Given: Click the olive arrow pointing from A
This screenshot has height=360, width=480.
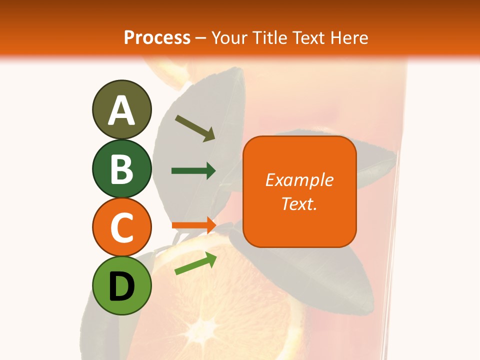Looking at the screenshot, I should [x=195, y=128].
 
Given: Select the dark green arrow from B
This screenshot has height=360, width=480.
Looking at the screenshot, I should [x=193, y=171].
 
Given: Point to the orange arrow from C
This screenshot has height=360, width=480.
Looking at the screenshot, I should [x=193, y=225].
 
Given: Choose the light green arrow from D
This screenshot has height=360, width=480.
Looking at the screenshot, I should [x=195, y=263].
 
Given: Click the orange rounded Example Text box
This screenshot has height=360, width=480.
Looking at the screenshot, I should [x=299, y=191].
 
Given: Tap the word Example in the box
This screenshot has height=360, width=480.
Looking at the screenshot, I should [x=299, y=180].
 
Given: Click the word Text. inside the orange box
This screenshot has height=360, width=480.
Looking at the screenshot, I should [x=299, y=203].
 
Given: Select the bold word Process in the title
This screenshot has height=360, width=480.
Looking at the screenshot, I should [x=157, y=37].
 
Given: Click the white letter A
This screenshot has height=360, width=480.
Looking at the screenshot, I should [x=121, y=110].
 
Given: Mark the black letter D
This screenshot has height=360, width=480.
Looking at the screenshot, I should [x=121, y=286].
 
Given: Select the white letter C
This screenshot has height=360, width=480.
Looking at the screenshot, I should [x=121, y=228].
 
